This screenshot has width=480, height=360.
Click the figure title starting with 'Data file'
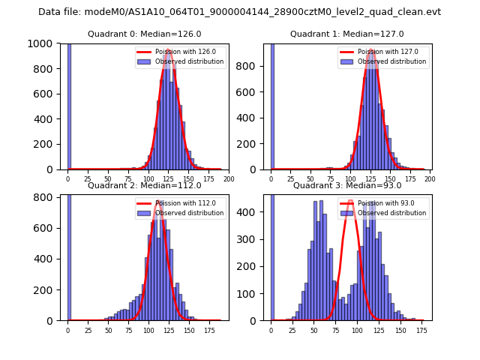pos(239,12)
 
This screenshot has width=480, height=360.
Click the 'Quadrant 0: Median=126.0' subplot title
pos(145,34)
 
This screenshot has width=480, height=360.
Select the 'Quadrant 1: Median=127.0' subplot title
pos(347,34)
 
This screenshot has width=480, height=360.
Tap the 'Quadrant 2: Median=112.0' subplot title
pos(145,185)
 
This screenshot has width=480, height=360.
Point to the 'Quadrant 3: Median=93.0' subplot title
pos(347,185)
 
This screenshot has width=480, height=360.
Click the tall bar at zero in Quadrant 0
pos(68,106)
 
